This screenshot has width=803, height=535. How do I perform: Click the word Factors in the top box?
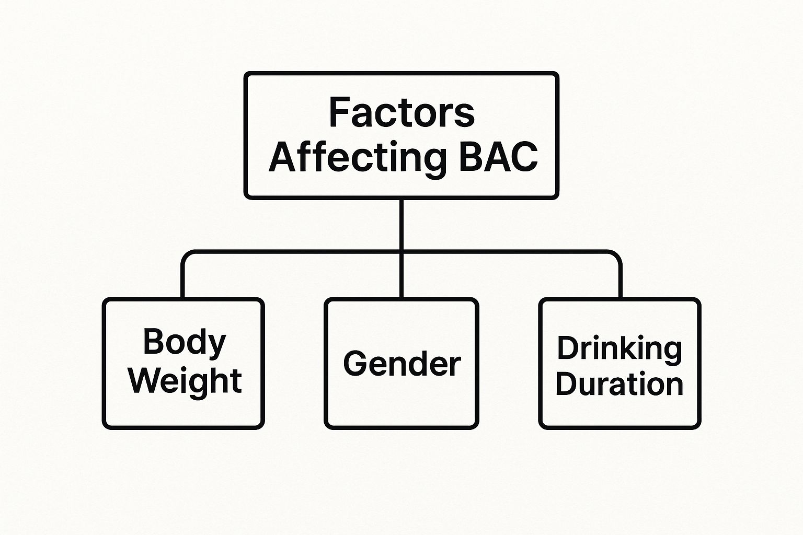tap(401, 112)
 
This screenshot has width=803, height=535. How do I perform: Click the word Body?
tap(184, 343)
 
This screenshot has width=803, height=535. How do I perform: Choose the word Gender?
tap(401, 364)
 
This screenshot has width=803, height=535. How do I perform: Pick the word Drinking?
tap(620, 348)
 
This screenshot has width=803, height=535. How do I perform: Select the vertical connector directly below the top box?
tap(401, 225)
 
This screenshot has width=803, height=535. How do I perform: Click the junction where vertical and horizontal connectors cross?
tap(401, 253)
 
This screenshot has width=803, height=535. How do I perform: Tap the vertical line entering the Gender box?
tap(401, 280)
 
